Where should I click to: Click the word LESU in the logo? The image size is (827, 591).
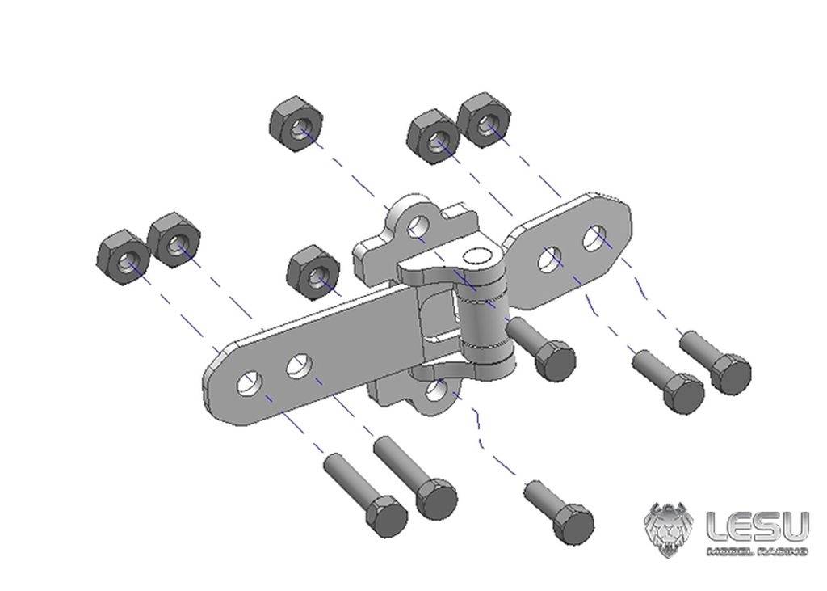pos(757,526)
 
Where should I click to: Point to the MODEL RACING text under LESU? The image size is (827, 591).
pos(757,551)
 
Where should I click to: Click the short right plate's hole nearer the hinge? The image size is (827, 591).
pos(552,258)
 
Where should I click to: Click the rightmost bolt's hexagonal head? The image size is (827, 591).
pos(731,374)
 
